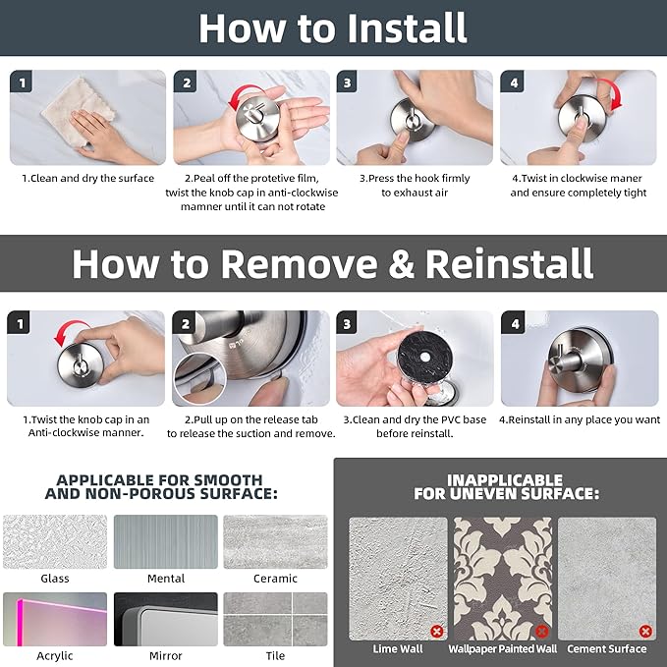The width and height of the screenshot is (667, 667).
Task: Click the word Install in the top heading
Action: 408,28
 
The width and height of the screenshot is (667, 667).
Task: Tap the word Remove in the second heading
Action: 299,263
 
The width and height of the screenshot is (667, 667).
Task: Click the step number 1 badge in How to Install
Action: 22,83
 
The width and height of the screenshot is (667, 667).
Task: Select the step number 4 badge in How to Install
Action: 513,83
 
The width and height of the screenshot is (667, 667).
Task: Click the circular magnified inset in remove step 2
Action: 200,378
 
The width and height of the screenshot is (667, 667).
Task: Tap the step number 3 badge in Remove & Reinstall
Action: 347,324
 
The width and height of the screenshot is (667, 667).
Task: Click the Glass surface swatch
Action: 55,541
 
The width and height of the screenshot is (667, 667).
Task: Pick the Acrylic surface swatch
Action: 55,619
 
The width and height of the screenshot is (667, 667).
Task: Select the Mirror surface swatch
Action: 166,619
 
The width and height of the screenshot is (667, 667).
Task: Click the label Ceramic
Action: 275,579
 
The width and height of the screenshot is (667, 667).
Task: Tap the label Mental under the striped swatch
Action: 166,579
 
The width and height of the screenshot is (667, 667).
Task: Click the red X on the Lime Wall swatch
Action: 437,631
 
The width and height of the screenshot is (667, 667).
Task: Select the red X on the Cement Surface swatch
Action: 645,631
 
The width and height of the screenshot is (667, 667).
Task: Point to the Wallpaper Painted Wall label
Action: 502,648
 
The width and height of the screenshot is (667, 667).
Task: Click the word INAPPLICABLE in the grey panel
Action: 505,480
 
